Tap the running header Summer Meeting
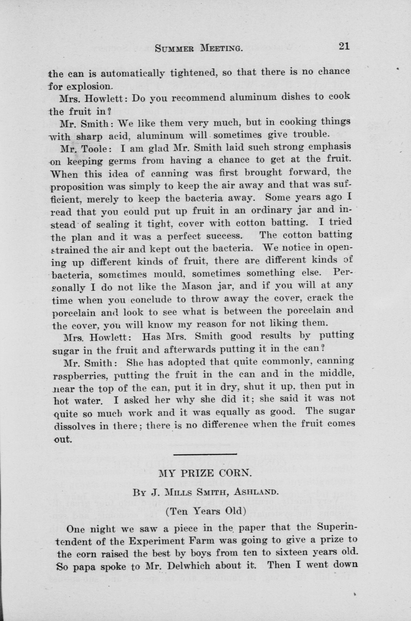[198, 48]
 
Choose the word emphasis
[329, 147]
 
